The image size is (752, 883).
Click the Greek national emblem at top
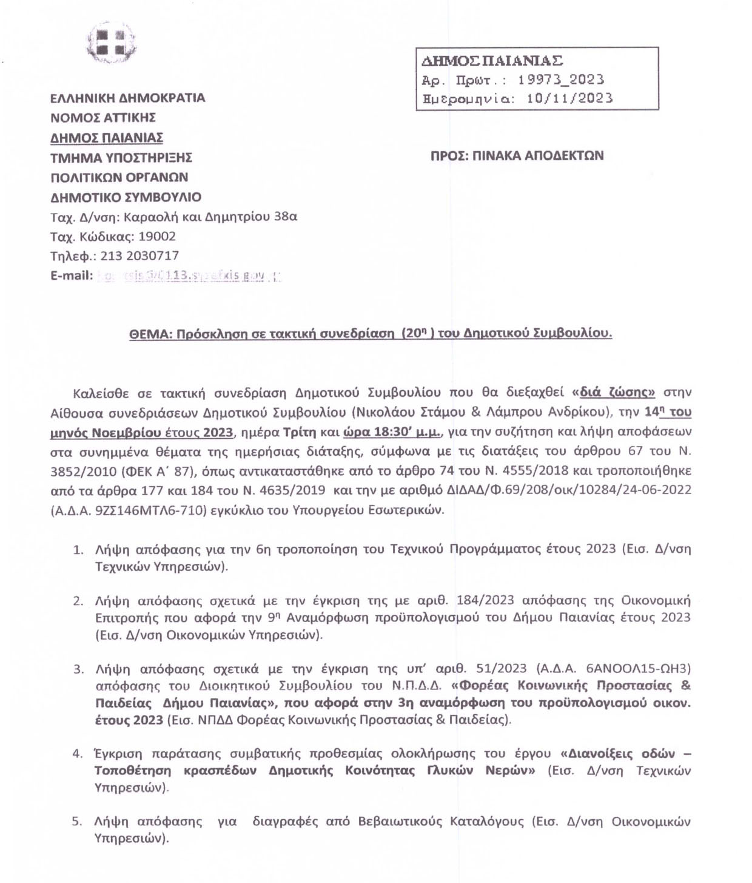[x=110, y=43]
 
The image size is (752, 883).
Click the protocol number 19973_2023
[x=561, y=80]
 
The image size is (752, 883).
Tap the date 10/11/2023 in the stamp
[x=569, y=98]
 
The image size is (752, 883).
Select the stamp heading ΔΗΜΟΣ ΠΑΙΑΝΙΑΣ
[x=492, y=61]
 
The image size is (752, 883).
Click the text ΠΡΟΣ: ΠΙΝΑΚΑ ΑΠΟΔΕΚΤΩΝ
[x=517, y=155]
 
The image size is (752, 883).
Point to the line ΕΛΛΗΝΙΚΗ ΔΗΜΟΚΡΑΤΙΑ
[x=127, y=98]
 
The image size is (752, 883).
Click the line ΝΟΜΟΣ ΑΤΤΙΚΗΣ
[x=103, y=118]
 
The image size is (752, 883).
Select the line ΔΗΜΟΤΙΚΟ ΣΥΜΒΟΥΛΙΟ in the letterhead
[x=126, y=197]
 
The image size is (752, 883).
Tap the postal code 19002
[x=157, y=237]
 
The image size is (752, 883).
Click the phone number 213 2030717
[x=139, y=256]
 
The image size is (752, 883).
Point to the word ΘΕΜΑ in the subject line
[x=148, y=333]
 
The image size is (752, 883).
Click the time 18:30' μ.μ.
[x=394, y=432]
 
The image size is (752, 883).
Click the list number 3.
[x=78, y=669]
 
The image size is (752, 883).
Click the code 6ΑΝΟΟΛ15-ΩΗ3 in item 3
[x=639, y=669]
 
